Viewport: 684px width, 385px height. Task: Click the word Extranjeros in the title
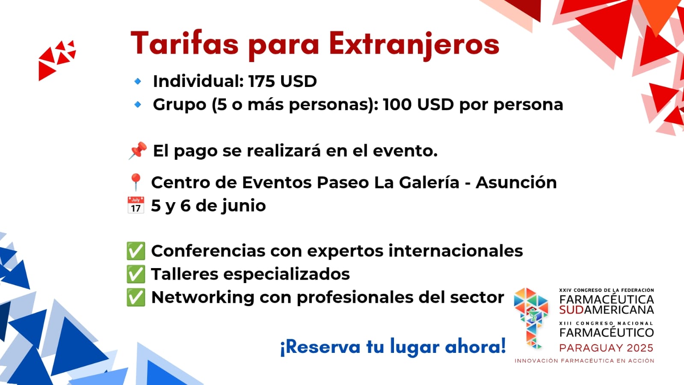pyautogui.click(x=414, y=45)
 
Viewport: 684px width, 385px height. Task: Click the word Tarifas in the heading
pyautogui.click(x=184, y=43)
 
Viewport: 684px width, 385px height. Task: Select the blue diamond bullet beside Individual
pyautogui.click(x=138, y=81)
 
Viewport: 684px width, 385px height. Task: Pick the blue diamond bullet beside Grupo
pyautogui.click(x=138, y=104)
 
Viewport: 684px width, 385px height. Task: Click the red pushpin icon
pyautogui.click(x=138, y=150)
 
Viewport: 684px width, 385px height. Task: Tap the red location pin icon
pyautogui.click(x=136, y=182)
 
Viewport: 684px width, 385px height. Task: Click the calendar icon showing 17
pyautogui.click(x=136, y=205)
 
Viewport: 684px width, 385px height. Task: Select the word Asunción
pyautogui.click(x=516, y=182)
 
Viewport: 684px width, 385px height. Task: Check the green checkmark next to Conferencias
pyautogui.click(x=136, y=251)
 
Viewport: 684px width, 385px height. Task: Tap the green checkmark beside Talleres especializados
pyautogui.click(x=136, y=274)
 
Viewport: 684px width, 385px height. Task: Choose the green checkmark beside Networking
pyautogui.click(x=136, y=297)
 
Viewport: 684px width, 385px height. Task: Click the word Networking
pyautogui.click(x=203, y=298)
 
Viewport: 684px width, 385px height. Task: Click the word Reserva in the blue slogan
pyautogui.click(x=320, y=347)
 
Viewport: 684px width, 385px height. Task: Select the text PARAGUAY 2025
pyautogui.click(x=606, y=348)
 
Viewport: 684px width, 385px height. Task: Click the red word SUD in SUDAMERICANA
pyautogui.click(x=571, y=310)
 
